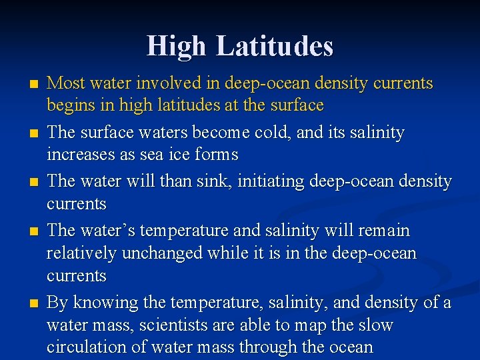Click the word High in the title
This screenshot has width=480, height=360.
[x=178, y=46]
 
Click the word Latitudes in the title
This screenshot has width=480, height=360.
[x=275, y=46]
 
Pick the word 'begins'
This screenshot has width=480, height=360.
[x=69, y=105]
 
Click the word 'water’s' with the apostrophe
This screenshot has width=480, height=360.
[x=109, y=231]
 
